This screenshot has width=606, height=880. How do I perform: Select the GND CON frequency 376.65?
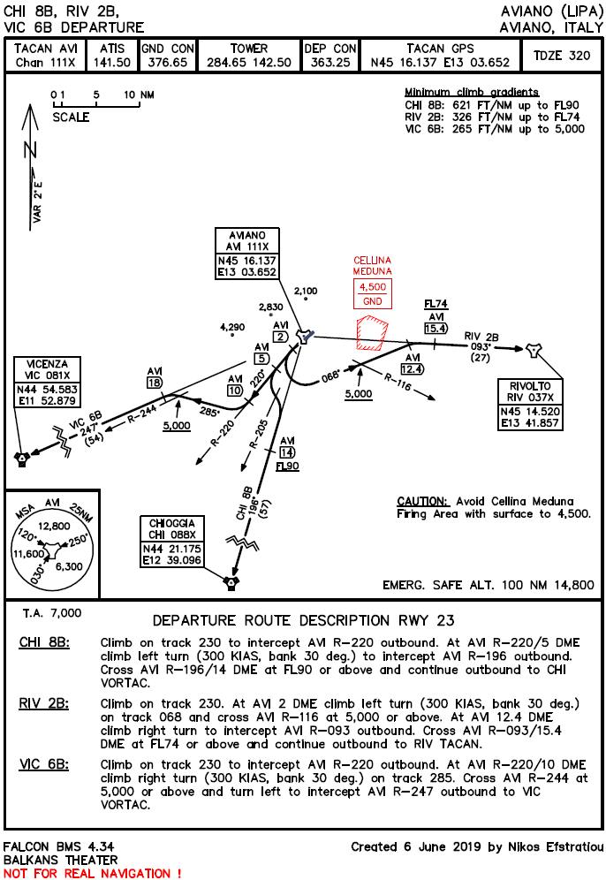pos(169,63)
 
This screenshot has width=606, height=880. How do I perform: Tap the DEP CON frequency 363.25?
pos(331,63)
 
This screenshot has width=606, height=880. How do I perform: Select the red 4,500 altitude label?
pos(372,287)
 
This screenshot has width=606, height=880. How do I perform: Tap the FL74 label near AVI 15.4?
pos(436,304)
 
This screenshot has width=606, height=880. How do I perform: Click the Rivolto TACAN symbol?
pos(533,351)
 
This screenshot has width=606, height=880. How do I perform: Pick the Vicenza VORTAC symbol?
pos(22,458)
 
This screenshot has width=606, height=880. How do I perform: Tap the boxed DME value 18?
pos(155,383)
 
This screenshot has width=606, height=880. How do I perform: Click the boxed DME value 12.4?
pos(412,368)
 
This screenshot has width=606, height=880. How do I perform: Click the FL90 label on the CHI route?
pos(287,466)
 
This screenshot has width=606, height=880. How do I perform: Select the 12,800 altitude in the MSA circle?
pos(54,525)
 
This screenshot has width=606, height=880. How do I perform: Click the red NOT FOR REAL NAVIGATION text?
pos(93,872)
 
